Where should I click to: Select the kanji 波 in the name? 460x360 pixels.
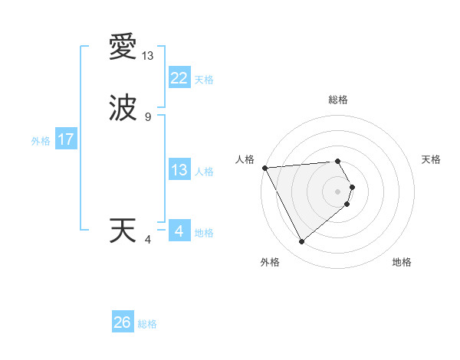click(123, 107)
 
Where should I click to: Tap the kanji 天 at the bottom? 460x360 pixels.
click(123, 231)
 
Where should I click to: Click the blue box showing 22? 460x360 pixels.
click(179, 77)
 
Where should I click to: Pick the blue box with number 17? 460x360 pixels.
click(65, 139)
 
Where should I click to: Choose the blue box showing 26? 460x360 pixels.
click(123, 322)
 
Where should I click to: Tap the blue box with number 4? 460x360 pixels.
click(179, 231)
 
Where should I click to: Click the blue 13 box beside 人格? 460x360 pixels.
click(179, 170)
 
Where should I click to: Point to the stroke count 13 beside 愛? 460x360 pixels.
click(148, 56)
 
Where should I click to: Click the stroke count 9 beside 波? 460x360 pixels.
click(148, 117)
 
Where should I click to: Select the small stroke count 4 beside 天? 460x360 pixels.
click(148, 241)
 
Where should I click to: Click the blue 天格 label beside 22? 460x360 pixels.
click(204, 80)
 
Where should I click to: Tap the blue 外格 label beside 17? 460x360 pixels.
click(41, 141)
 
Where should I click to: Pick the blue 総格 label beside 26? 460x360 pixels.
click(147, 324)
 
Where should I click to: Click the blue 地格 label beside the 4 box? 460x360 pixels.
click(204, 233)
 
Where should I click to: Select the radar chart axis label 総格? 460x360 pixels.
click(337, 100)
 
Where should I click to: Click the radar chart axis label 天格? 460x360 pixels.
click(431, 159)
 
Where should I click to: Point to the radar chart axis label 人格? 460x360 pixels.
click(245, 159)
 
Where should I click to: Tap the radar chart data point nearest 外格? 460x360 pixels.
click(301, 242)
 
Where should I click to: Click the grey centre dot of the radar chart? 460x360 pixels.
click(337, 191)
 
